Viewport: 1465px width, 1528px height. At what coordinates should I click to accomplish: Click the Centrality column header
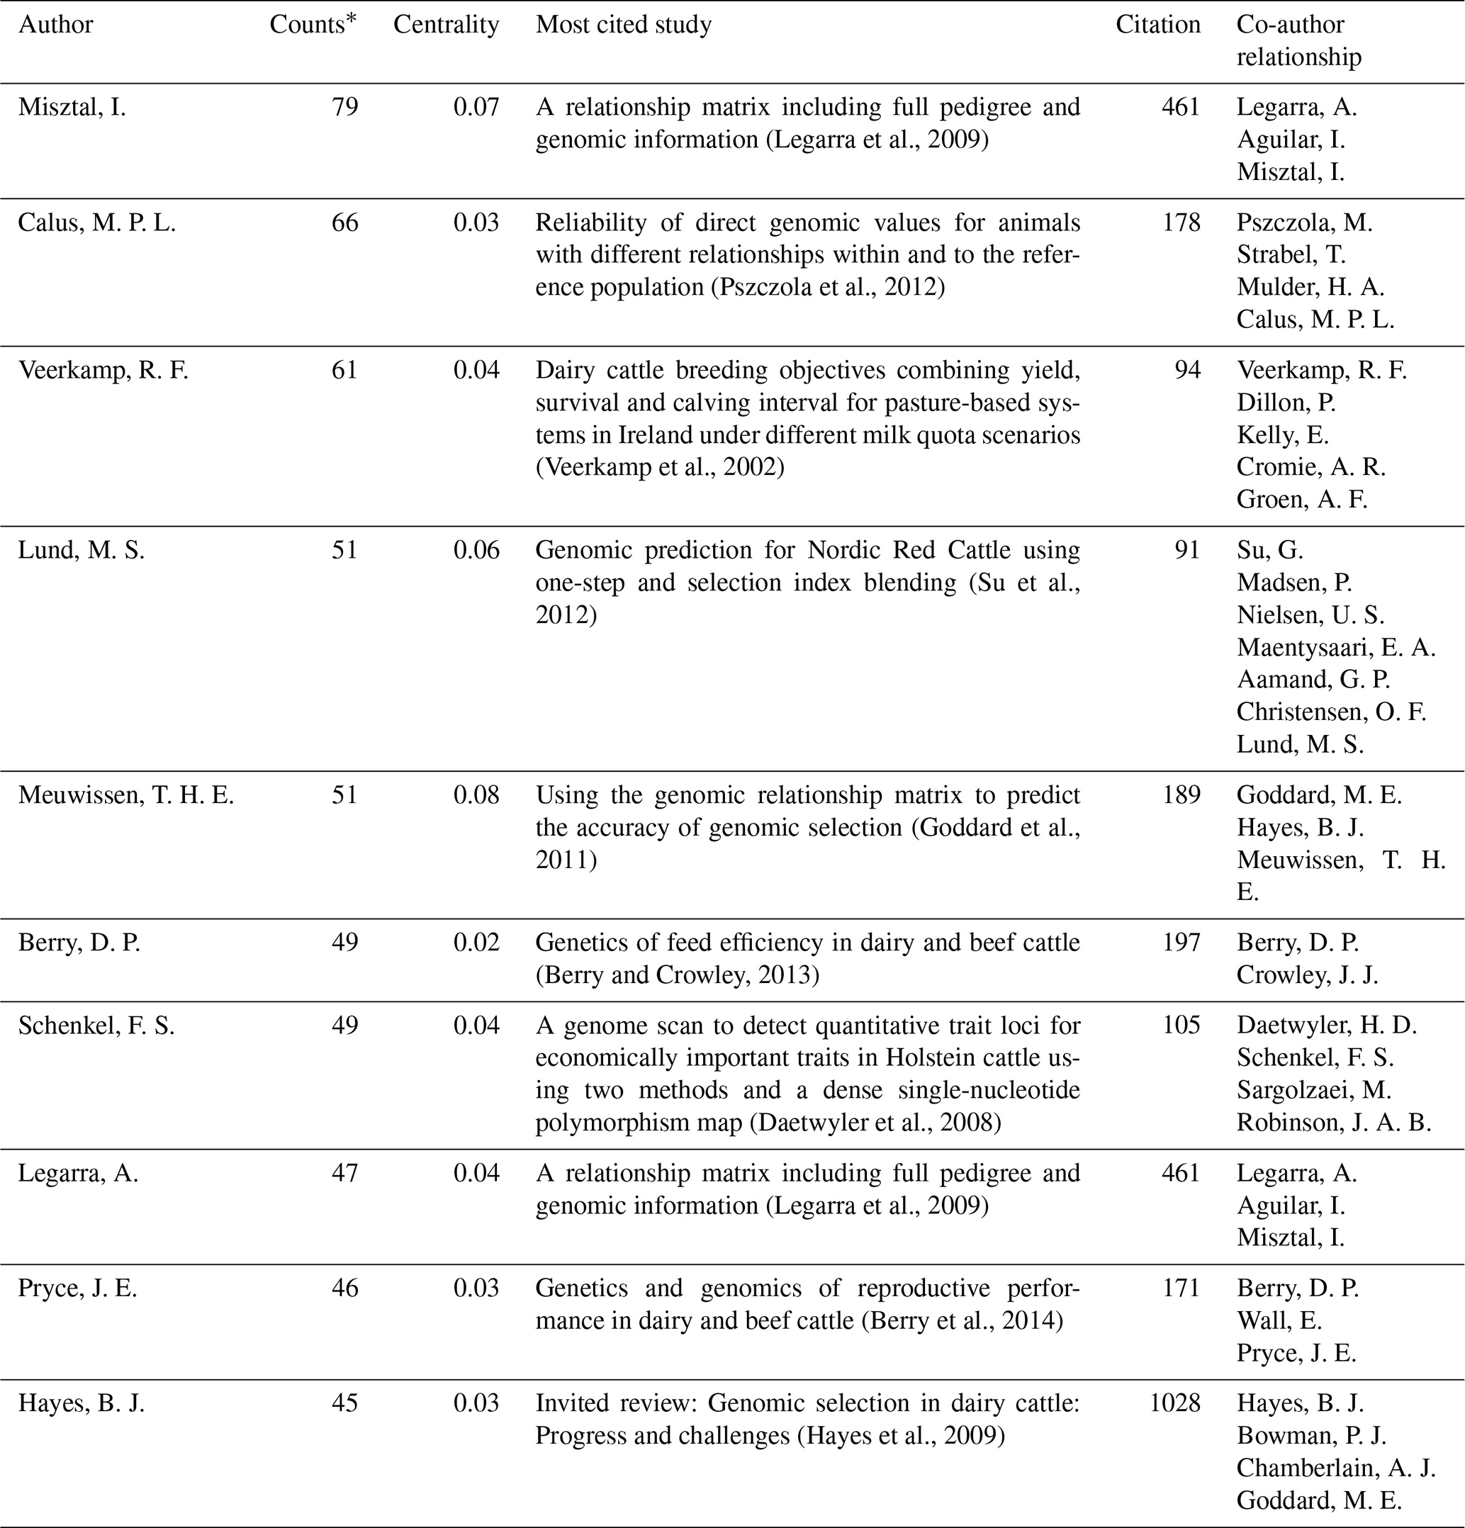click(446, 25)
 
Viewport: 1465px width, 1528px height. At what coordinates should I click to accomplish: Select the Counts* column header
click(313, 25)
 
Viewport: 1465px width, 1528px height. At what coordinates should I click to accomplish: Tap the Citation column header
click(1158, 25)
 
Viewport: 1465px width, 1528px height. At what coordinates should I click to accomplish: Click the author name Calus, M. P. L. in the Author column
click(98, 223)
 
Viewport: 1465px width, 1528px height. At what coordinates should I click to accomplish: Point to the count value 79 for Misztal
click(344, 107)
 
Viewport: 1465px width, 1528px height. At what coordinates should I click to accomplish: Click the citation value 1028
click(1175, 1403)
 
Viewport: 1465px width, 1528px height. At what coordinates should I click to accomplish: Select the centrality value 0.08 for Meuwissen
click(476, 795)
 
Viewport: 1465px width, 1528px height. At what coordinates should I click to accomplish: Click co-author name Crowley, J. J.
click(1308, 975)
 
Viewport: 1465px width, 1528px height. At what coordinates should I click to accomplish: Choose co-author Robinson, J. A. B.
click(1334, 1123)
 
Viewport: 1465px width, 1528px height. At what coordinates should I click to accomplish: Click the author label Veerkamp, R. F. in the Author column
click(103, 370)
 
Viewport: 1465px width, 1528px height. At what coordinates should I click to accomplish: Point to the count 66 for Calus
click(344, 223)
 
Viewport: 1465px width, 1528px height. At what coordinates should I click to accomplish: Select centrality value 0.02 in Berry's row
click(476, 943)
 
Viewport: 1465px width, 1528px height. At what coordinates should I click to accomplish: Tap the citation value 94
click(1187, 370)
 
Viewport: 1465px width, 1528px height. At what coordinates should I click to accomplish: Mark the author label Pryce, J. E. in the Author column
click(78, 1288)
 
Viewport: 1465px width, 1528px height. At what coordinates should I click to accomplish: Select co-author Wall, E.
click(1279, 1320)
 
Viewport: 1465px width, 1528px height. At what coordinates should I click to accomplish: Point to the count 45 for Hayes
click(344, 1403)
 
